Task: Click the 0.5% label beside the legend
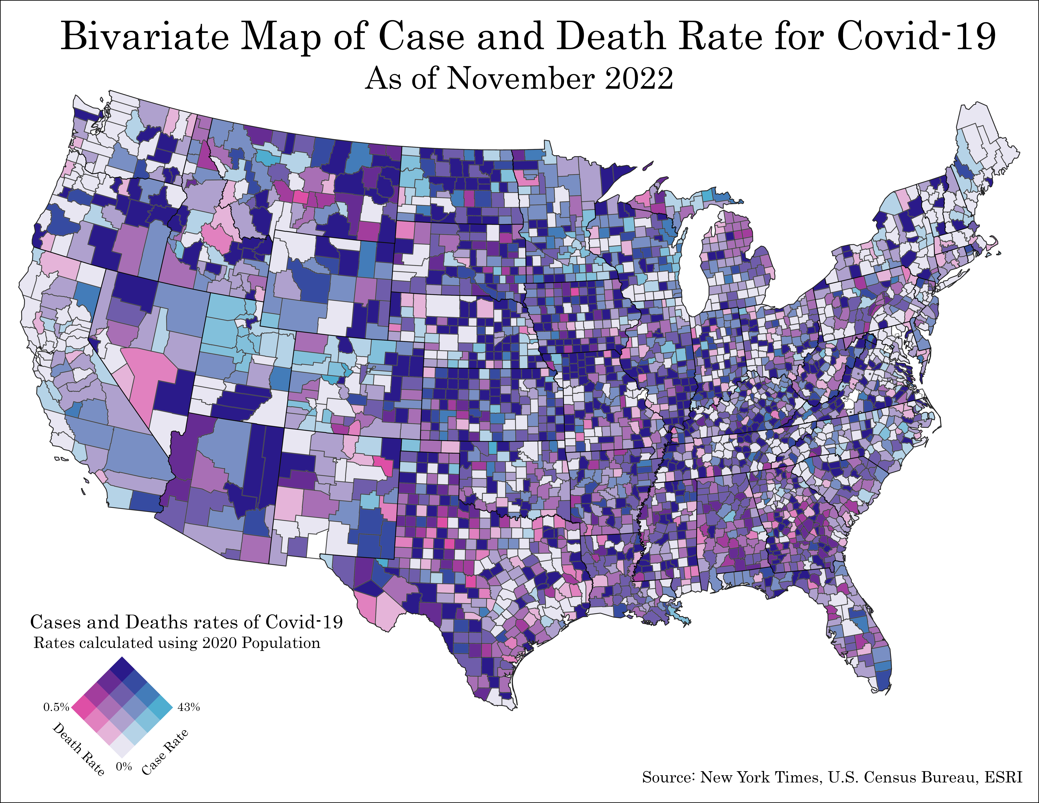pyautogui.click(x=56, y=707)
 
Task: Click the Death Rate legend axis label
pyautogui.click(x=79, y=749)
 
